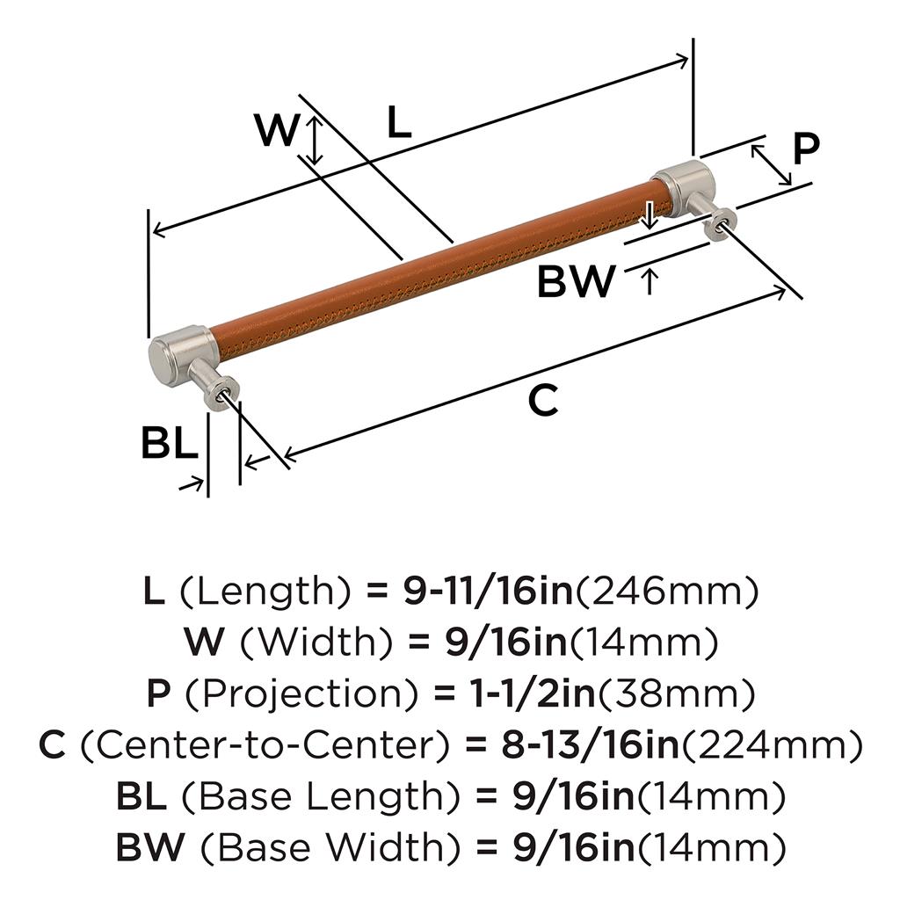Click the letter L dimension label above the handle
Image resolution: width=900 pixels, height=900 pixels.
(x=400, y=122)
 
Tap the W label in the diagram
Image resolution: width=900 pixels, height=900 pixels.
(x=277, y=130)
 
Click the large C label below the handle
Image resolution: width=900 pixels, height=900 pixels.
(x=543, y=401)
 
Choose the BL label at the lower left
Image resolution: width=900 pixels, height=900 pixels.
(x=170, y=443)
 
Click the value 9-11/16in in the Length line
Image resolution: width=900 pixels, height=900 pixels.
(x=488, y=592)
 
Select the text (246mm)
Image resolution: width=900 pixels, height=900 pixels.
(x=667, y=592)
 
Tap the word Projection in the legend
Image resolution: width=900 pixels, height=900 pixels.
(x=301, y=694)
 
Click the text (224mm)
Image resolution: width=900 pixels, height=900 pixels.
(x=772, y=745)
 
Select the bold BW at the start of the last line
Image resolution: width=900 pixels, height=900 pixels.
(x=151, y=847)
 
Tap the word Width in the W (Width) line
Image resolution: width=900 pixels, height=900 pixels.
(x=316, y=642)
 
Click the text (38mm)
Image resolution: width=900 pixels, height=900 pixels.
(x=677, y=694)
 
